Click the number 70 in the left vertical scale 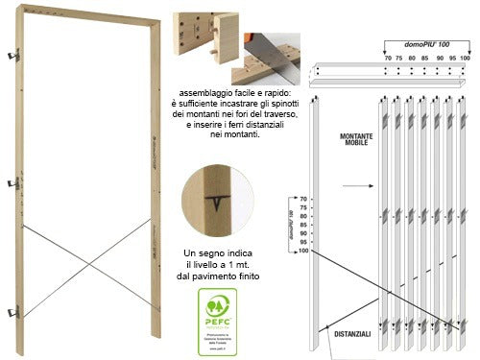pyautogui.click(x=301, y=199)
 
